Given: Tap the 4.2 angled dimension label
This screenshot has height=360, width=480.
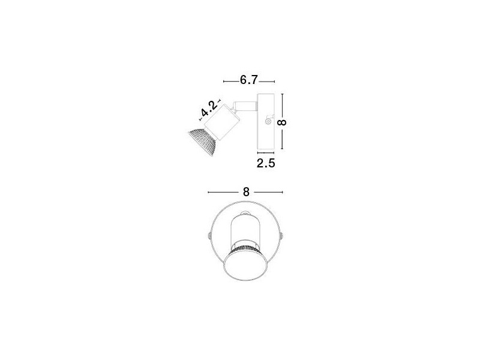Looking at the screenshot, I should point(209,108).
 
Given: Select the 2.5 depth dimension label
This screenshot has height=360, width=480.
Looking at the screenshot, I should point(266,163).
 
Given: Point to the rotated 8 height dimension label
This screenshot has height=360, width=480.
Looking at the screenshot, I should point(283,122).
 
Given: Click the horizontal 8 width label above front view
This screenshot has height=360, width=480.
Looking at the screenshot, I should point(246,192).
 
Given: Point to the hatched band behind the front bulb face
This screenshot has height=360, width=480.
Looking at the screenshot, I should point(245,247).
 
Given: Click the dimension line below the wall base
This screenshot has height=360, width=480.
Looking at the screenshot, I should point(266,152).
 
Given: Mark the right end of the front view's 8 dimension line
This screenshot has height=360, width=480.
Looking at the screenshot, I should point(283,192).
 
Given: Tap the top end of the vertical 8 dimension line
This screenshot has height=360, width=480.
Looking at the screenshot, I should point(283,94).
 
